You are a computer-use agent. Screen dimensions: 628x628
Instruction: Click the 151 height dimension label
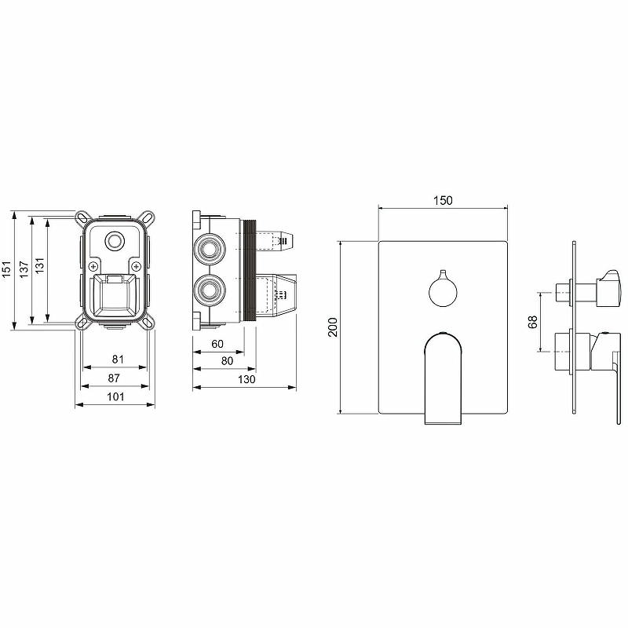click(x=7, y=269)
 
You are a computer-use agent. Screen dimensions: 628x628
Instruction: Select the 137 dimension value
click(x=24, y=269)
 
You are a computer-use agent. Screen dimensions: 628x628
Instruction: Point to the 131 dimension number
click(x=40, y=265)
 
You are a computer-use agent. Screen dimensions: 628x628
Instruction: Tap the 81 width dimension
click(x=118, y=360)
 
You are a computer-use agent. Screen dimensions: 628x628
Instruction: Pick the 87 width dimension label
click(x=114, y=378)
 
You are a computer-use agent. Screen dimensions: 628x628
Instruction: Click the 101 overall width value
click(x=115, y=396)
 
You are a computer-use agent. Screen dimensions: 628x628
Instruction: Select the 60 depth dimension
click(x=217, y=344)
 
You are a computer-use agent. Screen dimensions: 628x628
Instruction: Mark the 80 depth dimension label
click(x=227, y=361)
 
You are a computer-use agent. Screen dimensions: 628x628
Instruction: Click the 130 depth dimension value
click(x=246, y=379)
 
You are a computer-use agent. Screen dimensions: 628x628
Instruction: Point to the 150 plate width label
click(x=443, y=200)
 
